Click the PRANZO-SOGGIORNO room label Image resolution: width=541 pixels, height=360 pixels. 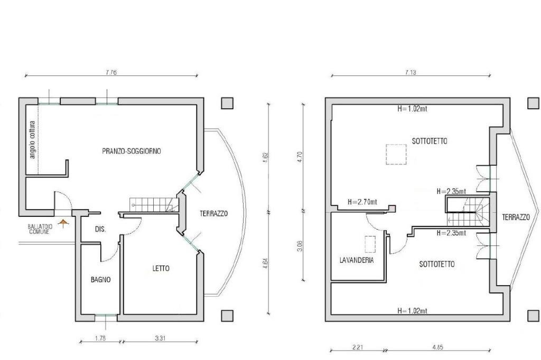click(132, 151)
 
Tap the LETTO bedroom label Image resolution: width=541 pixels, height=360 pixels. click(161, 268)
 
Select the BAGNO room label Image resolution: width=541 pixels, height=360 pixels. click(101, 280)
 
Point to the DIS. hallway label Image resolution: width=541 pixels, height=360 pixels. click(100, 229)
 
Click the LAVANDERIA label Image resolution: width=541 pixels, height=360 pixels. click(357, 260)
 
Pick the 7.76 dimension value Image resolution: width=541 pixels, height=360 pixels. click(111, 72)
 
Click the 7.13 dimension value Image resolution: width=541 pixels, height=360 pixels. click(410, 72)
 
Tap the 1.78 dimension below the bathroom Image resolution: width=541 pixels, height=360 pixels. click(100, 338)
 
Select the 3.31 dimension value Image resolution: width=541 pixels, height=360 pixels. click(160, 338)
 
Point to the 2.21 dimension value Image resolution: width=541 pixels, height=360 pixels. click(358, 347)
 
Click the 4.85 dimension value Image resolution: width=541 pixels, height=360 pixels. click(437, 347)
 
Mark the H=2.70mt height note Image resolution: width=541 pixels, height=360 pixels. click(362, 202)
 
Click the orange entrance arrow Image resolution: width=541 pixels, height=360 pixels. click(62, 223)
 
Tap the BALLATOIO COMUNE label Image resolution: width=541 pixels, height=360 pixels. click(40, 229)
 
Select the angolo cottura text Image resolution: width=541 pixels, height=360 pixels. click(32, 139)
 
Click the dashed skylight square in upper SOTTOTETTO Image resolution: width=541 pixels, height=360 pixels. click(396, 155)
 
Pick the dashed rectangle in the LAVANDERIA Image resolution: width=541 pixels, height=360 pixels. click(370, 244)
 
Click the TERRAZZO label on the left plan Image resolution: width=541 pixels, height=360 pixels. click(213, 213)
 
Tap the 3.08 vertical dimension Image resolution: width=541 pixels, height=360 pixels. click(300, 246)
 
